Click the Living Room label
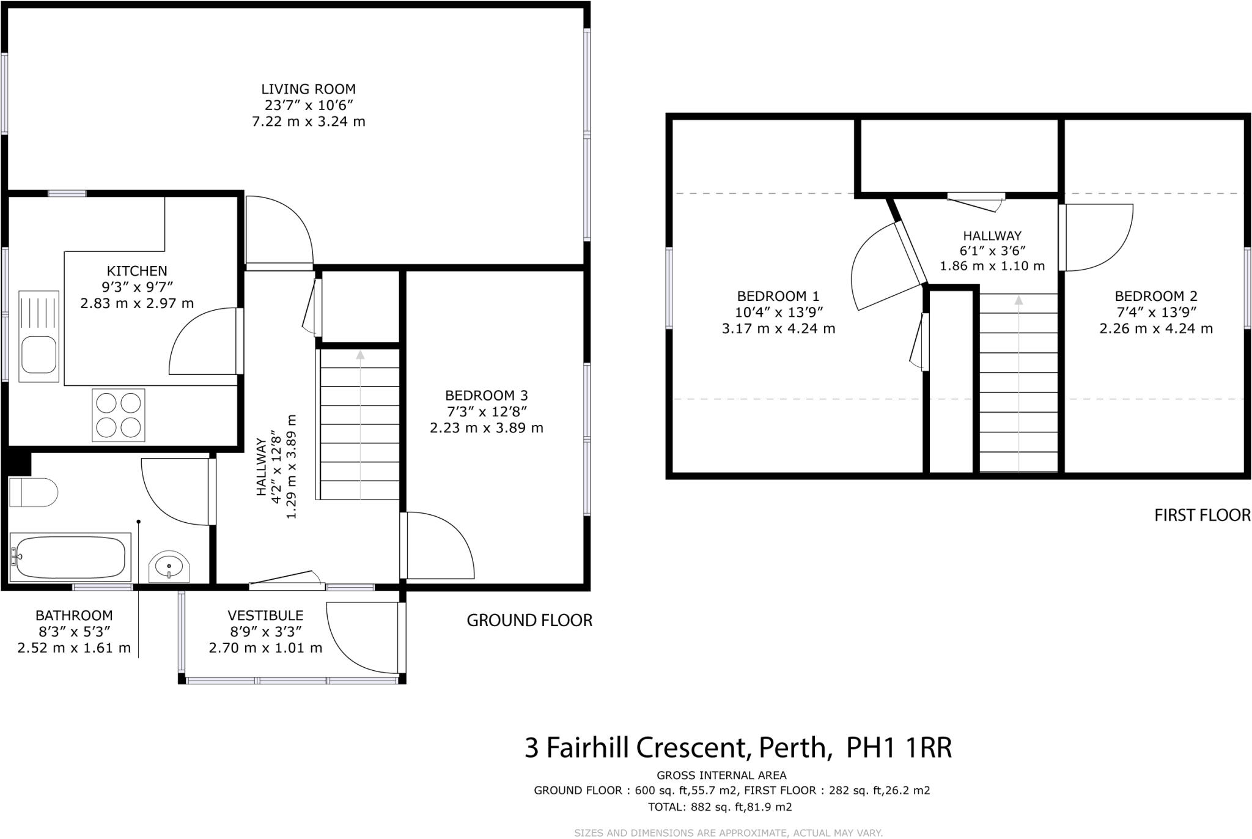coord(308,89)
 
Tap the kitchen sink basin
coord(39,355)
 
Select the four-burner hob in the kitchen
coord(119,415)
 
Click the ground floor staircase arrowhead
coord(360,355)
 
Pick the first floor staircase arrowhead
coord(1018,300)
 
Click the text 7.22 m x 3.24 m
coord(308,122)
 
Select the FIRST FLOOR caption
coord(1202,516)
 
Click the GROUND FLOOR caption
coord(529,621)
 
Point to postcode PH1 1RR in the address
coord(899,747)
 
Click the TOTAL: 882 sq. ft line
coord(720,807)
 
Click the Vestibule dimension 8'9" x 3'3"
coord(265,632)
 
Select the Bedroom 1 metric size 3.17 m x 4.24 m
coord(778,328)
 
